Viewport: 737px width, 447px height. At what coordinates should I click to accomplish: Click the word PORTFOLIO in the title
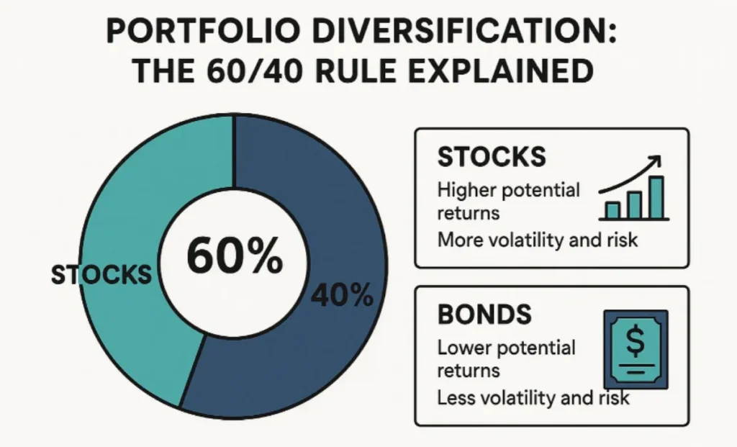coord(203,32)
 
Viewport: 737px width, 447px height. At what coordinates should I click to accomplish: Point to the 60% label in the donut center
coord(235,256)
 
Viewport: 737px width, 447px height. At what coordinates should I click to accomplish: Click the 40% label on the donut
coord(342,296)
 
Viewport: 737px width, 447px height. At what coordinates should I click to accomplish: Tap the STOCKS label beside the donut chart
coord(101,275)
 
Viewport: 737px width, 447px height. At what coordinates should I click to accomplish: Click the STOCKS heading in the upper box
coord(492,157)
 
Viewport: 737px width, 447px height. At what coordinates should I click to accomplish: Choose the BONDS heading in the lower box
coord(484,315)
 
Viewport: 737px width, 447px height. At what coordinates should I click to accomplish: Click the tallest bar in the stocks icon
coord(656,198)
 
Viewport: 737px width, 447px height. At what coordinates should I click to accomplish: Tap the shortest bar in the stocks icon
coord(612,211)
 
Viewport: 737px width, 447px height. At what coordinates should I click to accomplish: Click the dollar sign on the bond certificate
coord(636,340)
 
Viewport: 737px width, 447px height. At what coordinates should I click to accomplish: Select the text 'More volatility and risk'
coord(537,240)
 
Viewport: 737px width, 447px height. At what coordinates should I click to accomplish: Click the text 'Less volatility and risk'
coord(533,397)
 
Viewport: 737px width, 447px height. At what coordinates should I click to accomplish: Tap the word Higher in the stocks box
coord(467,191)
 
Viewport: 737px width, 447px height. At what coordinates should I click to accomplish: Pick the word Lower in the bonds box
coord(464,348)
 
